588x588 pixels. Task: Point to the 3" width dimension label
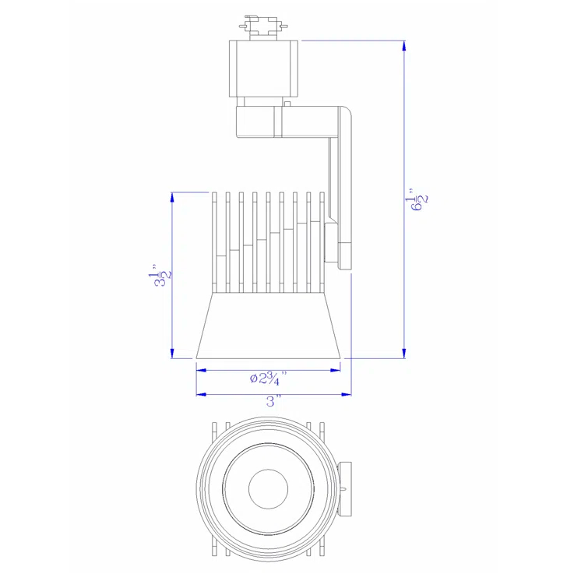[x=273, y=402]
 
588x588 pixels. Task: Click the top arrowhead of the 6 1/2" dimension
[x=403, y=45]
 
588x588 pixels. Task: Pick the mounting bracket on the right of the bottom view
[x=346, y=489]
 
